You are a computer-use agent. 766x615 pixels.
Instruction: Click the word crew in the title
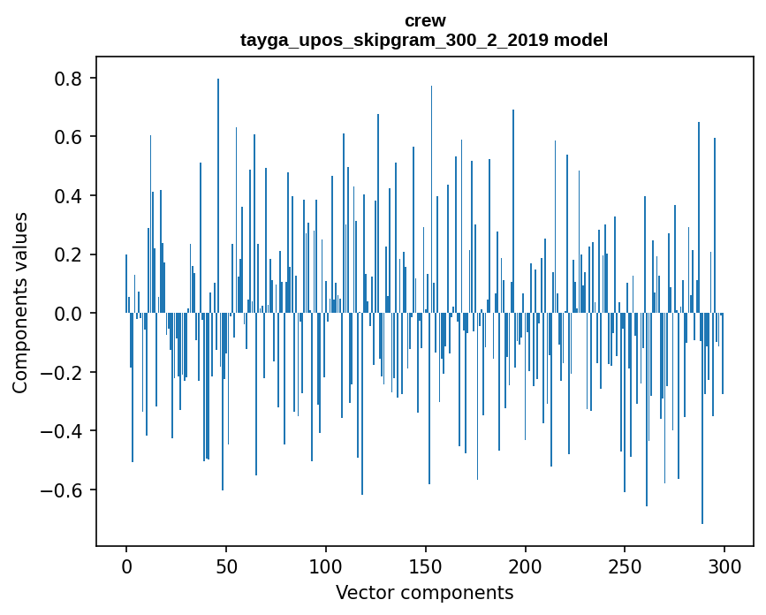[x=425, y=20]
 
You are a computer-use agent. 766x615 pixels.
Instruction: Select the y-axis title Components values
[x=20, y=302]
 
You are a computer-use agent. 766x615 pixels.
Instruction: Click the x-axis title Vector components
[x=424, y=592]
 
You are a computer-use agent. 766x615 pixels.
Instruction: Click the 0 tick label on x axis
[x=126, y=565]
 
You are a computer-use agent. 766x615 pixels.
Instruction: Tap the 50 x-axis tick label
[x=226, y=565]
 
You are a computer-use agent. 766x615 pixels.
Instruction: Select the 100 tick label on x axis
[x=326, y=565]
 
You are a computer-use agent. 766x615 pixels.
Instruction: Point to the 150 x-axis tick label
[x=426, y=565]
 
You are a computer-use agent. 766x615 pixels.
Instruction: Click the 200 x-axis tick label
[x=526, y=565]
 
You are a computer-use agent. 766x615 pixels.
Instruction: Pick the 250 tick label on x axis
[x=626, y=565]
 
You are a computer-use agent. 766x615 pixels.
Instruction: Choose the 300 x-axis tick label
[x=725, y=565]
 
